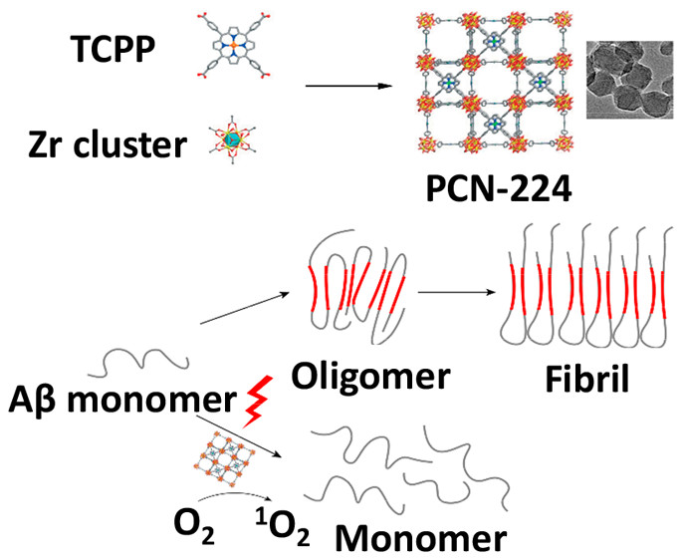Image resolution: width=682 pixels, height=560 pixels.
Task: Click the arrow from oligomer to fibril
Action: coord(459,292)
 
